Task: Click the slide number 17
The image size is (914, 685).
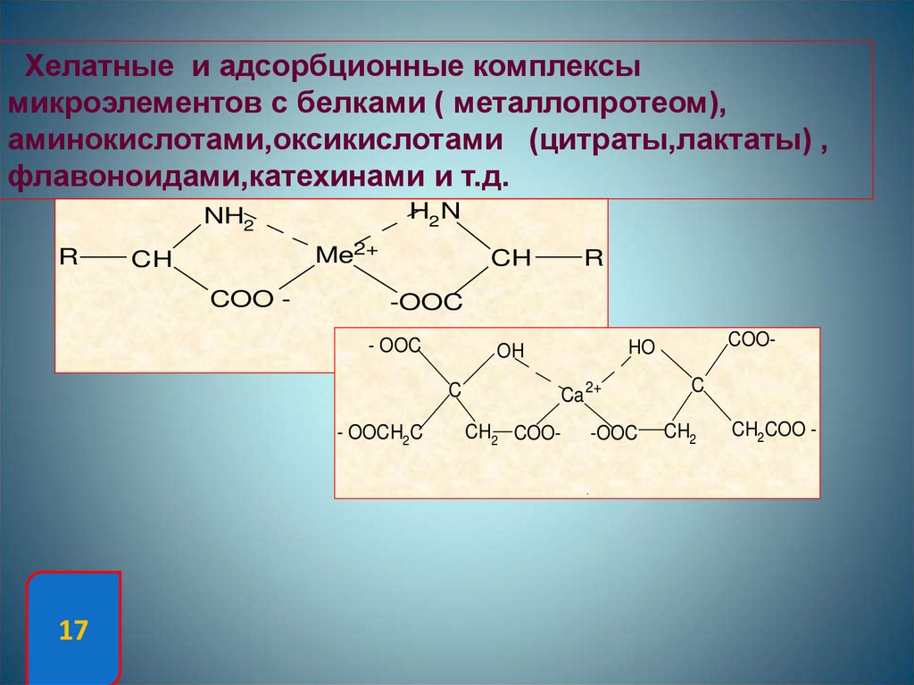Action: [x=73, y=631]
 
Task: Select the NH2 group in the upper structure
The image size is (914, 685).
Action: [x=229, y=218]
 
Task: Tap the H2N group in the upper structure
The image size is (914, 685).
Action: [x=434, y=213]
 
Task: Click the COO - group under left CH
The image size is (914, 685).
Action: [x=250, y=300]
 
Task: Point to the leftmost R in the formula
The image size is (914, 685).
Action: [x=69, y=258]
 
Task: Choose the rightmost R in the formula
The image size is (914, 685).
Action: [x=594, y=259]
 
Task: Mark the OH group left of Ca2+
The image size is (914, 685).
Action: [x=511, y=351]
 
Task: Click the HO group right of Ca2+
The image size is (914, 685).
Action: [x=641, y=347]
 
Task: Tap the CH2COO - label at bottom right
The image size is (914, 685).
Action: [x=774, y=430]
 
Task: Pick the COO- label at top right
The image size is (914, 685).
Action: [x=752, y=339]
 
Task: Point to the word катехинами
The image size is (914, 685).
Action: [x=338, y=177]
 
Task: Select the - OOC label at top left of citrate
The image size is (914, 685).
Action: [x=394, y=347]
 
